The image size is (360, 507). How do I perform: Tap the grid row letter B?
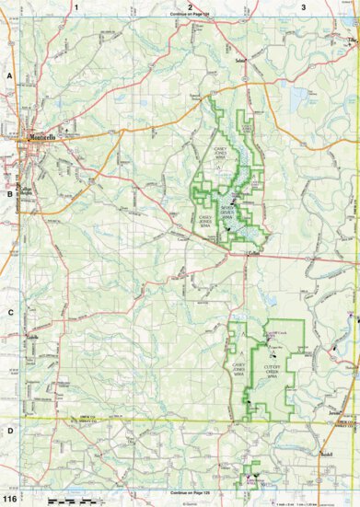pos(9,194)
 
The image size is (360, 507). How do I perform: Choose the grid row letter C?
pos(9,312)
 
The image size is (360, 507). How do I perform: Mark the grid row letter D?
pos(9,430)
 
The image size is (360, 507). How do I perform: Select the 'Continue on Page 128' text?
pos(190,422)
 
